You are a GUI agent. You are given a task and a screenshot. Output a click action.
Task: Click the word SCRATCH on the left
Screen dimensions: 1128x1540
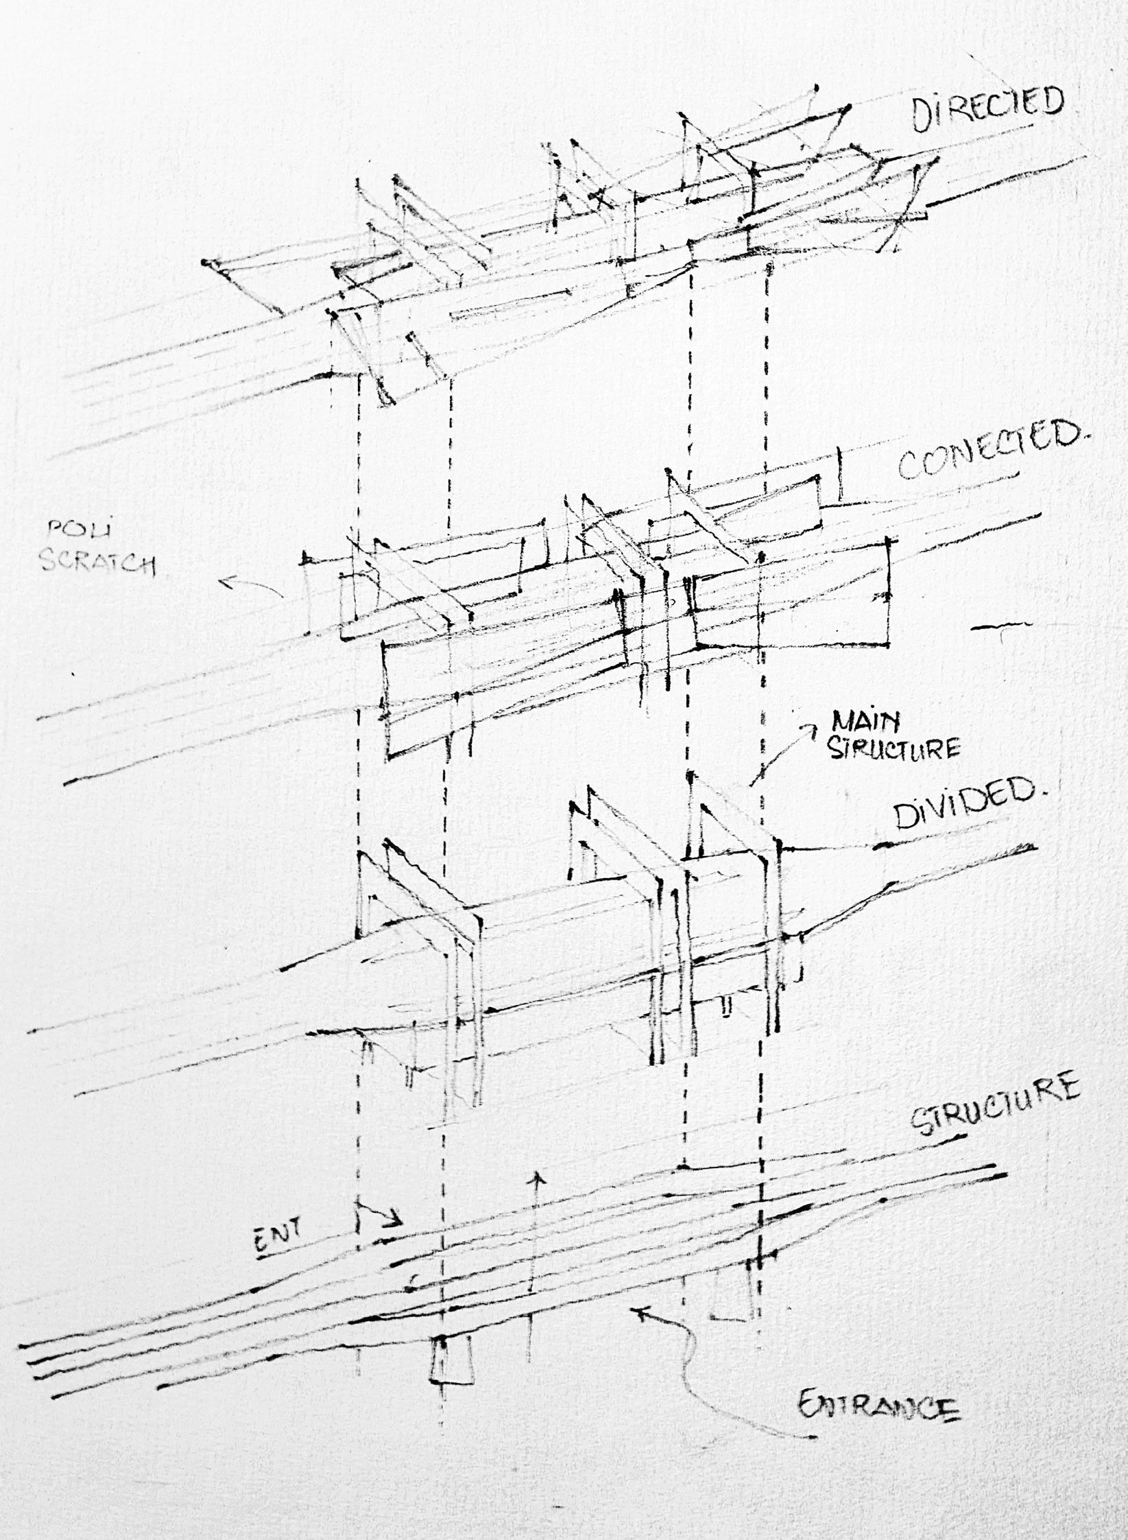(97, 565)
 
